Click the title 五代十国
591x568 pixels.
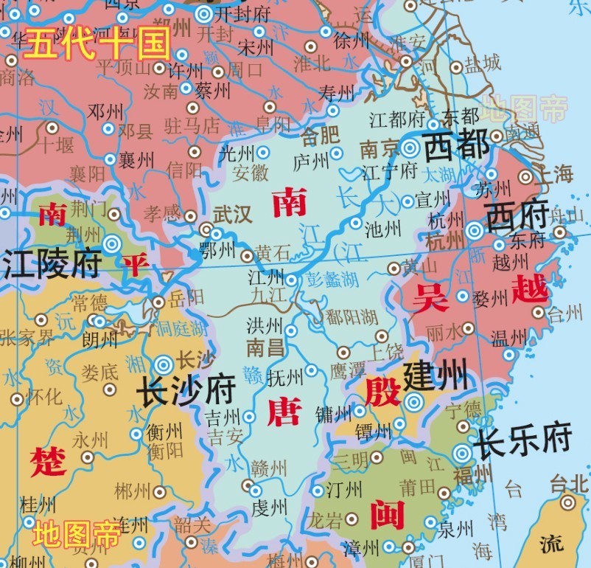(x=97, y=44)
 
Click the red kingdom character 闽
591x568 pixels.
(x=387, y=513)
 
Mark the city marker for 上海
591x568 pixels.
(x=525, y=177)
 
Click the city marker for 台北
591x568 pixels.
(x=567, y=502)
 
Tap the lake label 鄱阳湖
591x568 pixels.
(x=351, y=317)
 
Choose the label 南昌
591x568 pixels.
(x=265, y=347)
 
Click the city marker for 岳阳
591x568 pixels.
(x=158, y=302)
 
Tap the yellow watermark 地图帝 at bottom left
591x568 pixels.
(x=76, y=534)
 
